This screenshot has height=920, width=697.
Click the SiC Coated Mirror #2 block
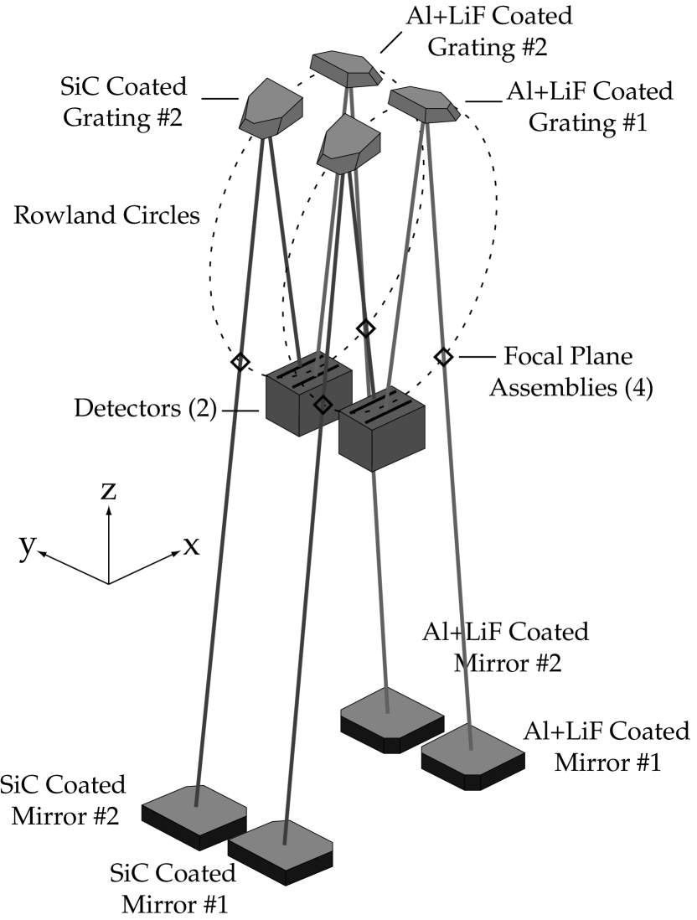click(194, 816)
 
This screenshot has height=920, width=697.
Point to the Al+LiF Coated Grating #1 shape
click(424, 104)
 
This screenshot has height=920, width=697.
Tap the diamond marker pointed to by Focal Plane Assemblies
click(444, 357)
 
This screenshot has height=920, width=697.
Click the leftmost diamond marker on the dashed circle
click(240, 362)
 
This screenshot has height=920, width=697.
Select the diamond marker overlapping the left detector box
click(323, 405)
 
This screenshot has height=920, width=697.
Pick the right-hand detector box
click(381, 432)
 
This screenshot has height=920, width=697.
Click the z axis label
click(108, 491)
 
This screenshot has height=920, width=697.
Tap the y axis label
click(28, 546)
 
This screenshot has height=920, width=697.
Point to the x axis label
click(191, 546)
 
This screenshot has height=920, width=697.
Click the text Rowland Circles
click(106, 215)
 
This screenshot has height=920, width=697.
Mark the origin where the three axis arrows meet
click(108, 583)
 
